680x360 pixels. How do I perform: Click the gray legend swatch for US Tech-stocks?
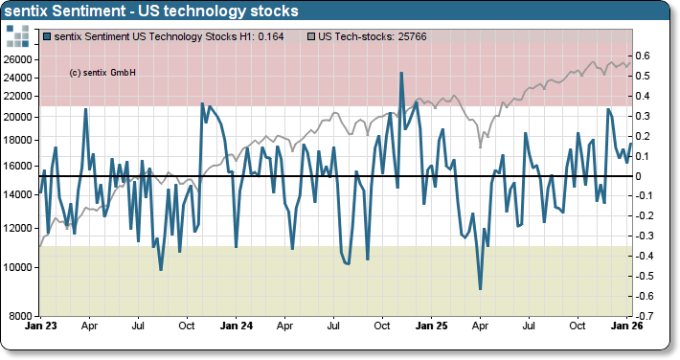(311, 36)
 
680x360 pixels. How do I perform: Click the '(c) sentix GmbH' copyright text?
(103, 72)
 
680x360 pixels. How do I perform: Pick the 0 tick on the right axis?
(640, 176)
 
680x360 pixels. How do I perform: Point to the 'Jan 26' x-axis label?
(627, 326)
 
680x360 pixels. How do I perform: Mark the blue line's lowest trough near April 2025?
(480, 288)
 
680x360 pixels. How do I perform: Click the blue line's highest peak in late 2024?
(401, 73)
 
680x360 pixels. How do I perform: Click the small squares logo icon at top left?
(19, 36)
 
